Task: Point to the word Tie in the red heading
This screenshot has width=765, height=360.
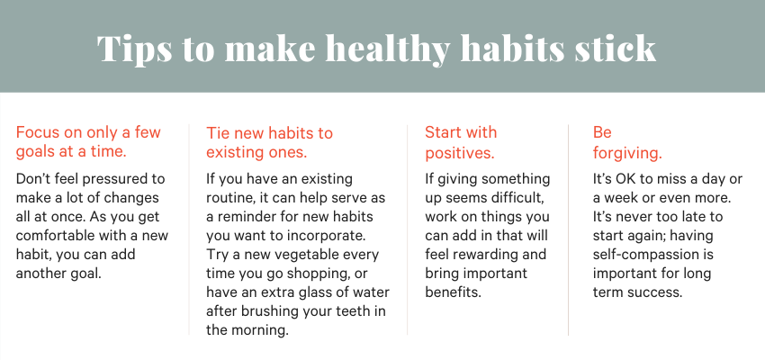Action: pyautogui.click(x=216, y=133)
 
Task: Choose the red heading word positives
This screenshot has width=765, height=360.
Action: pyautogui.click(x=460, y=153)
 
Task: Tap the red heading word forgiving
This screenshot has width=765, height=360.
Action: pyautogui.click(x=627, y=153)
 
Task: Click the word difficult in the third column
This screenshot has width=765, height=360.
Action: pyautogui.click(x=517, y=198)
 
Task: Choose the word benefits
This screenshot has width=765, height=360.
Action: pyautogui.click(x=454, y=292)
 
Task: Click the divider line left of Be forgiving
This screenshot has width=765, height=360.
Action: pyautogui.click(x=568, y=229)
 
